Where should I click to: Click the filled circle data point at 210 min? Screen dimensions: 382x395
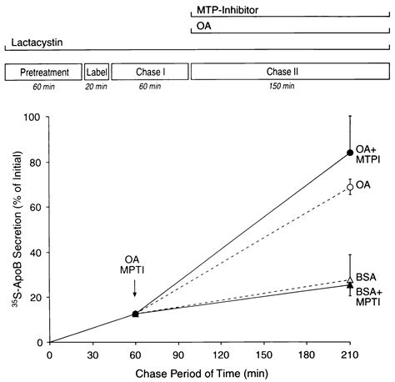click(350, 153)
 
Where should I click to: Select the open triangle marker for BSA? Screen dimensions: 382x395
click(350, 280)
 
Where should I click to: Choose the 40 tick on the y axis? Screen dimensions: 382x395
click(36, 252)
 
